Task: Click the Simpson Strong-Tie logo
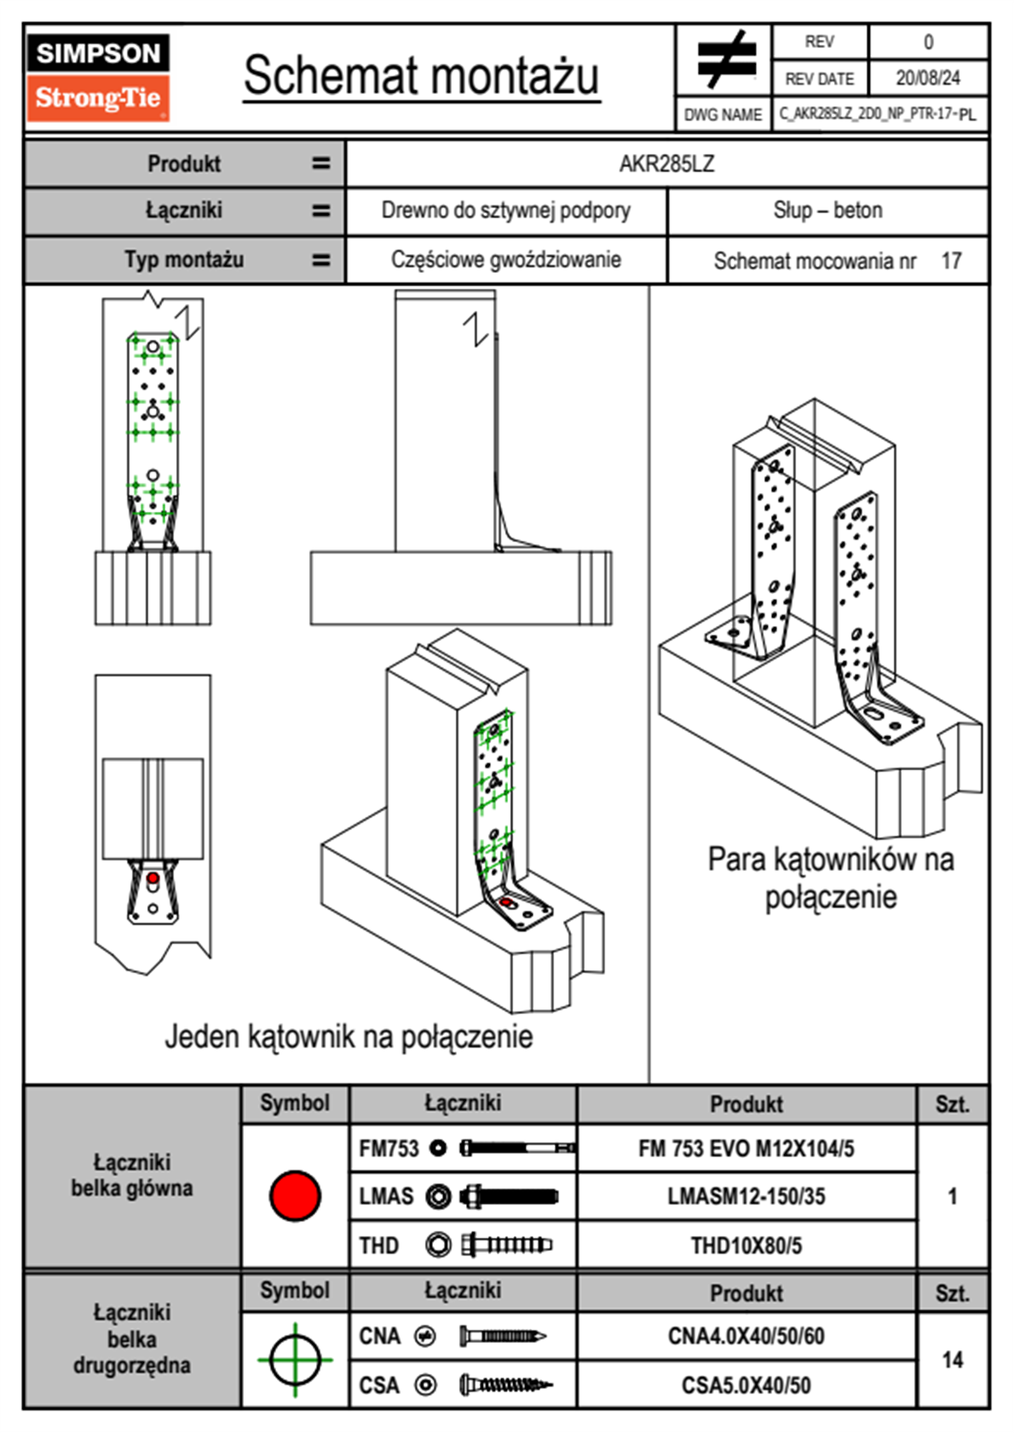[x=97, y=78]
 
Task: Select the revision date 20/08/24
[x=927, y=78]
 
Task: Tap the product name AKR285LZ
[x=666, y=164]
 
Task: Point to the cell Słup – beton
[x=827, y=210]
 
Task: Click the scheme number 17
[x=951, y=261]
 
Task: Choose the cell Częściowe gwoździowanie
[x=505, y=260]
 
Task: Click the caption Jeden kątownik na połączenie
[x=349, y=1037]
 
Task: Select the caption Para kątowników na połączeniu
[x=830, y=878]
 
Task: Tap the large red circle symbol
[x=295, y=1195]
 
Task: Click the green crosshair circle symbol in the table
[x=295, y=1360]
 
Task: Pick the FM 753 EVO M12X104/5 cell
[x=746, y=1148]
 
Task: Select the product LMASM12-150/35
[x=746, y=1196]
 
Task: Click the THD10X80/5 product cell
[x=746, y=1246]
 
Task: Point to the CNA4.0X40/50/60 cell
[x=746, y=1336]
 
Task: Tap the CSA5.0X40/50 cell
[x=746, y=1385]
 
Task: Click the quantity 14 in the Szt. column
[x=952, y=1360]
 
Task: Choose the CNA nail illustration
[x=503, y=1336]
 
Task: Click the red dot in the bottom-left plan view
[x=153, y=878]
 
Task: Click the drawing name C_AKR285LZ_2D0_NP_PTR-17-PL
[x=878, y=114]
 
